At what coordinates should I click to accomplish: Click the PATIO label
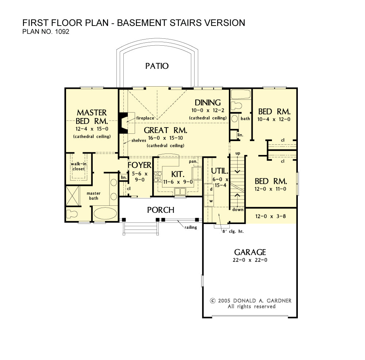point(157,66)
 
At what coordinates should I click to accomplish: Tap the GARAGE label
point(250,252)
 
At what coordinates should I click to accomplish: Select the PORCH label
point(161,210)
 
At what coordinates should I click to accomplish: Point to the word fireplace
point(145,118)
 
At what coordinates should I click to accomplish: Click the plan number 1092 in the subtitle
point(62,31)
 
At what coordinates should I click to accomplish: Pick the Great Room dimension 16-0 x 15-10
point(165,138)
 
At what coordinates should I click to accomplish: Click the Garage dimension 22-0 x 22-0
point(250,260)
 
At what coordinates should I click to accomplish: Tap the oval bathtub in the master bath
point(105,213)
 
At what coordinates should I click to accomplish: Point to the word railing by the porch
point(191,227)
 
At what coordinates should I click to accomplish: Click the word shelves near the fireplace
point(139,140)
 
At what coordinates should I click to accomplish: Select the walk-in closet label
point(78,166)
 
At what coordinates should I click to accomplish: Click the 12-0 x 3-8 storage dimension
point(270,216)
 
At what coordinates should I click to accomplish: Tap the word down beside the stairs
point(238,210)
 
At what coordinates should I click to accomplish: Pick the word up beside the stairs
point(238,154)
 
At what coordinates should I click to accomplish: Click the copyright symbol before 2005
point(212,301)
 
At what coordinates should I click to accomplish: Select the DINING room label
point(208,103)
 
